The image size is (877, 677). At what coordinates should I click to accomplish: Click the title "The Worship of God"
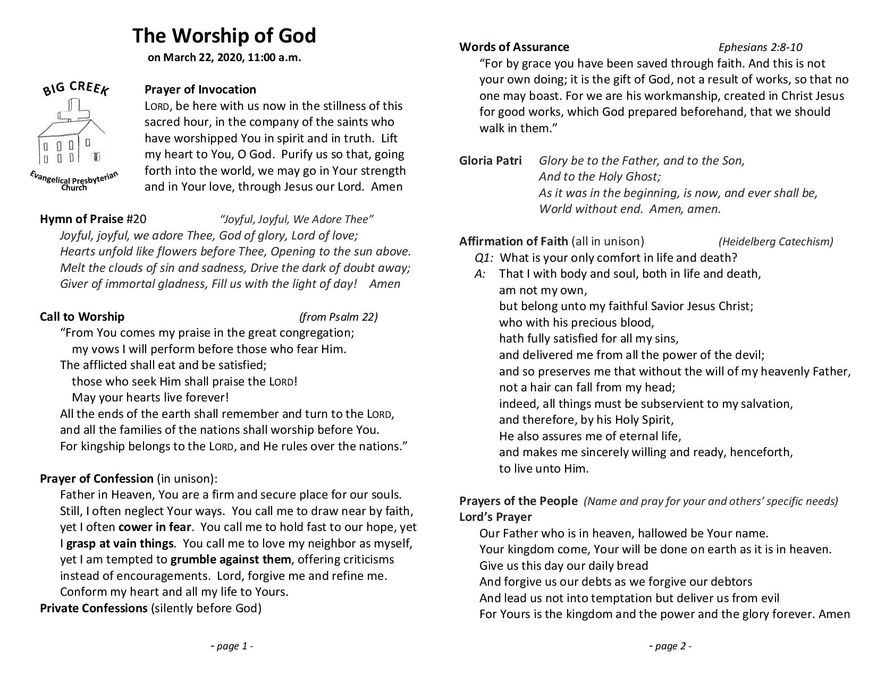click(x=224, y=36)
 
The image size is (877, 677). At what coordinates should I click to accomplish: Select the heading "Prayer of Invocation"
click(x=200, y=89)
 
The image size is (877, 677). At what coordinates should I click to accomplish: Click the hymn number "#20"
click(x=137, y=219)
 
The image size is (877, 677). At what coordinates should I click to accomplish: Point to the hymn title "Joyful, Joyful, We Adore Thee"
click(x=297, y=219)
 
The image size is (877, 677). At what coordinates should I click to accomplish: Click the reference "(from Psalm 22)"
click(x=338, y=317)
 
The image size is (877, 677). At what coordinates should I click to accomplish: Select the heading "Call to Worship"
click(x=82, y=317)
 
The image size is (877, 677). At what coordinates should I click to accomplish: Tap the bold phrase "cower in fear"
click(x=154, y=527)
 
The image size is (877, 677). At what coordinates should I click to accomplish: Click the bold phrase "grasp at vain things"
click(x=120, y=544)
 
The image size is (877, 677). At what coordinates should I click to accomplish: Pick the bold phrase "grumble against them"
click(x=231, y=560)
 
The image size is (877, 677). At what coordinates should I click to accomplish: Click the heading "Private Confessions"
click(x=93, y=608)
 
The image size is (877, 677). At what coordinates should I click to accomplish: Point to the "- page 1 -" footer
click(x=232, y=646)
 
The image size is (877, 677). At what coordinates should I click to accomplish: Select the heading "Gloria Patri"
click(x=490, y=160)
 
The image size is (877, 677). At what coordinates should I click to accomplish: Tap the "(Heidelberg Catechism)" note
click(x=775, y=242)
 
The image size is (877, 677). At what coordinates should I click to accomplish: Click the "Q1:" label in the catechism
click(x=484, y=258)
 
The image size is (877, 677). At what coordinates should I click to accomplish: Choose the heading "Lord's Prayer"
click(x=495, y=517)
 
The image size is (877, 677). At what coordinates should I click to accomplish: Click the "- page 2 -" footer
click(x=670, y=646)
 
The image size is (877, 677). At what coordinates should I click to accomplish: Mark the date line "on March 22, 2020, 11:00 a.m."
click(x=224, y=58)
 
